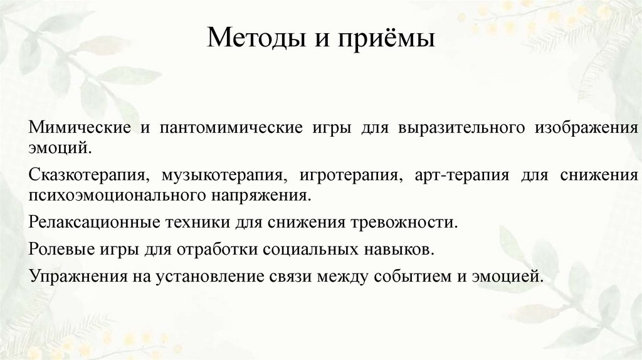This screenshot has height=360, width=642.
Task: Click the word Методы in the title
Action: pyautogui.click(x=245, y=40)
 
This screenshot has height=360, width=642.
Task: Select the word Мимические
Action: pyautogui.click(x=78, y=128)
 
